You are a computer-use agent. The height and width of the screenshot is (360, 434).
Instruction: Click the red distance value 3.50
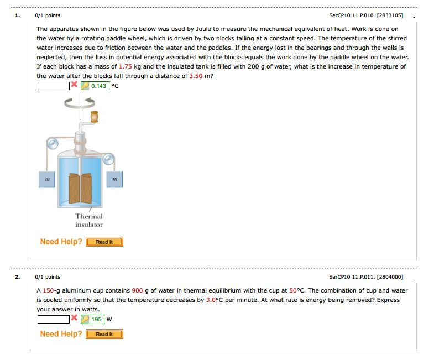196,76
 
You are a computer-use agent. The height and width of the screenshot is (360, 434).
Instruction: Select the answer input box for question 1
53,86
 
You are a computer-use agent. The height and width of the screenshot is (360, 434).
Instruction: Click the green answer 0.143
99,86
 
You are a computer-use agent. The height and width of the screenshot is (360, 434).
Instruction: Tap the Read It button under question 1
104,242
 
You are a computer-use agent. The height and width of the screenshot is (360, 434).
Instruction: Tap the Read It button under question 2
104,334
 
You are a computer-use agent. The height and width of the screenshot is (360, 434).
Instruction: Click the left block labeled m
48,179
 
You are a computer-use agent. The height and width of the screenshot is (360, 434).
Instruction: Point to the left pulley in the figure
52,144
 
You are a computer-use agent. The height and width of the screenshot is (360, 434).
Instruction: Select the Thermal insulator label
89,220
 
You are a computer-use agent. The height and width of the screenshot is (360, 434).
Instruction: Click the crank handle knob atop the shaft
95,116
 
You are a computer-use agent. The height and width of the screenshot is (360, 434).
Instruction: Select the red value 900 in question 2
137,290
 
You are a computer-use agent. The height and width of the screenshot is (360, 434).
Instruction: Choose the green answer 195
97,319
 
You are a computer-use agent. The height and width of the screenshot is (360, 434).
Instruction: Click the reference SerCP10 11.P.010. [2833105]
365,15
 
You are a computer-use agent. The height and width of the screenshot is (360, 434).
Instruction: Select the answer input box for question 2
53,319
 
